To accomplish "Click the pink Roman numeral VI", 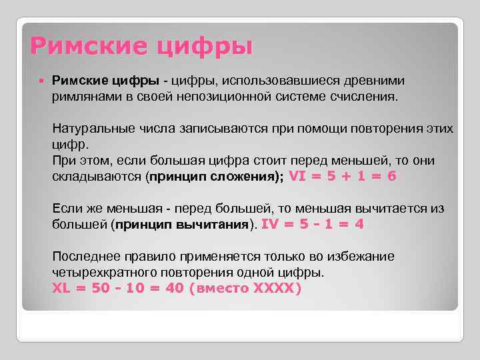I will tap(299, 177).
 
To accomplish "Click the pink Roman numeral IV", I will tap(271, 225).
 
